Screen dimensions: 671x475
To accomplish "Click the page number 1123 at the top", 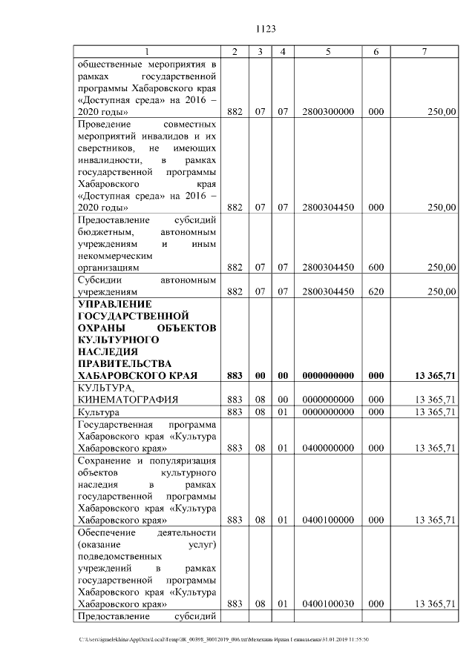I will [266, 29].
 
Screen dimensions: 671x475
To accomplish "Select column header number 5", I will [327, 51].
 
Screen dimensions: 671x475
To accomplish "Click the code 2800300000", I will [327, 111].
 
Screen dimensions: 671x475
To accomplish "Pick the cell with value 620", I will [376, 291].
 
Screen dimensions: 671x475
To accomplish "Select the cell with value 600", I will [376, 267].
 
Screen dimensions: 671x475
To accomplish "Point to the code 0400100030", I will [327, 604].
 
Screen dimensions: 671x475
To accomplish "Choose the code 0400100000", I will [327, 520].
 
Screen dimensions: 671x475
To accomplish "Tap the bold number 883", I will [235, 376].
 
